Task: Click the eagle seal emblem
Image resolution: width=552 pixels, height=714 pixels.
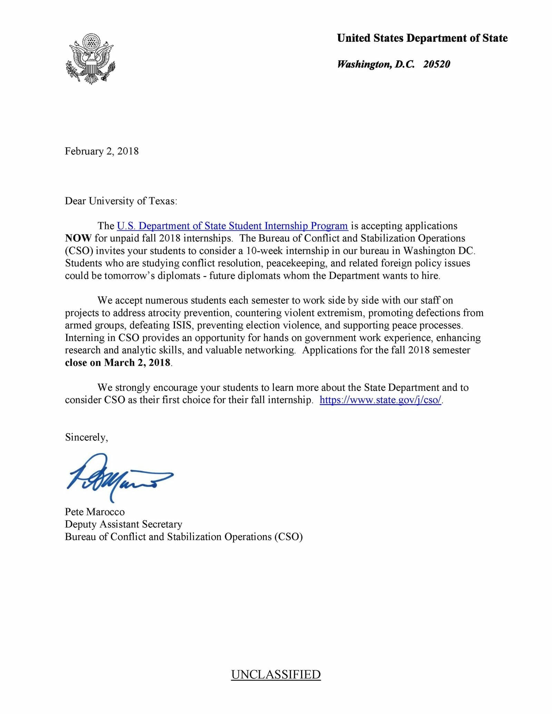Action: pos(90,59)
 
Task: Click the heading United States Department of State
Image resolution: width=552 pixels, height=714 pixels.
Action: pos(422,38)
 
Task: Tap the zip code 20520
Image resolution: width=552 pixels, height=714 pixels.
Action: pos(436,64)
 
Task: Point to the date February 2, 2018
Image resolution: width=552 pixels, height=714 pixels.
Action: pos(102,151)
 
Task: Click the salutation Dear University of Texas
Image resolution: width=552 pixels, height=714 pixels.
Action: pos(121,201)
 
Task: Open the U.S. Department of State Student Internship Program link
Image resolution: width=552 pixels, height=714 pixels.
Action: pos(232,226)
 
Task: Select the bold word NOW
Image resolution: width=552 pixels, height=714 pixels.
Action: pos(78,239)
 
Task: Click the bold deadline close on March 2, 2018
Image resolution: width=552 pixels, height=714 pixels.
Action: pos(118,363)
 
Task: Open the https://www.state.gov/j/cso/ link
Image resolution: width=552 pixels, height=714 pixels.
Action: pos(380,400)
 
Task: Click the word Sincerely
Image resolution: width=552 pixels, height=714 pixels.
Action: pos(86,438)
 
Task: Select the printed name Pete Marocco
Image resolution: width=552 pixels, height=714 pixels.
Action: pos(95,512)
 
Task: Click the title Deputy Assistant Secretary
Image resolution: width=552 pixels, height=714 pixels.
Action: pos(124,524)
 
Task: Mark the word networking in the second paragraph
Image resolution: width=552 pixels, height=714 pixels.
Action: pos(269,350)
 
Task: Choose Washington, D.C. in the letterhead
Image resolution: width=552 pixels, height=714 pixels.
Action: pos(375,64)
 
